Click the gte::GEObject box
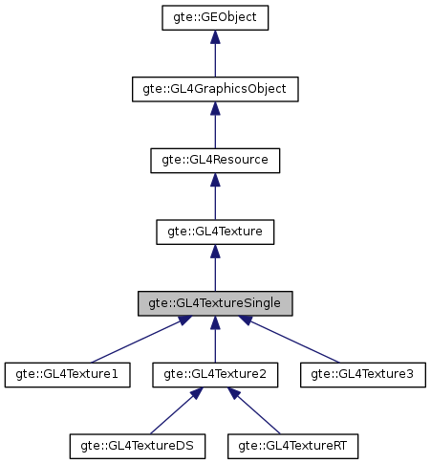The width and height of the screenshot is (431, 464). [215, 17]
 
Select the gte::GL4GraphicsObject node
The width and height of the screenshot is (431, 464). [215, 89]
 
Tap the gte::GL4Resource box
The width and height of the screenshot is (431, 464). [215, 160]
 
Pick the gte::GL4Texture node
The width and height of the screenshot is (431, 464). [215, 231]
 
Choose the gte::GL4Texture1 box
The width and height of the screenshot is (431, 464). [67, 373]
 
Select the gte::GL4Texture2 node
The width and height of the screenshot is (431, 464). [215, 373]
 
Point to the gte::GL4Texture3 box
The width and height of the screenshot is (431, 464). [362, 373]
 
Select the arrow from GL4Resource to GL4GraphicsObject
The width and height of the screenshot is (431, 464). [215, 126]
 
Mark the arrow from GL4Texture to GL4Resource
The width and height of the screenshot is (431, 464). [215, 198]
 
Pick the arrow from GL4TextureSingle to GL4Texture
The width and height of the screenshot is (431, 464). [215, 269]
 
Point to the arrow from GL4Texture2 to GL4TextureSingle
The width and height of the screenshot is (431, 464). [215, 340]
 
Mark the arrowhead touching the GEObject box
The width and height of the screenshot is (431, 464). [215, 37]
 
